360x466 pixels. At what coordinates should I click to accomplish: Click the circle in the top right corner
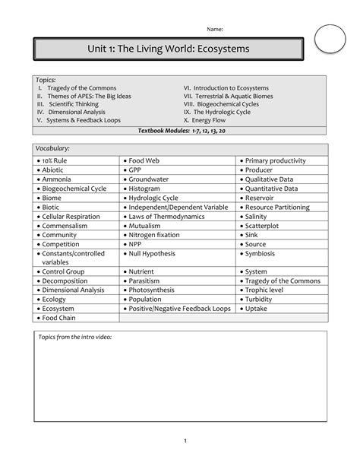click(330, 38)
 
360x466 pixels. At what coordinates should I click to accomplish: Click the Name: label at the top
click(216, 29)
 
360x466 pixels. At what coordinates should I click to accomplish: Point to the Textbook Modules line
click(181, 131)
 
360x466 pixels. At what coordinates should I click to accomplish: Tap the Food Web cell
click(144, 161)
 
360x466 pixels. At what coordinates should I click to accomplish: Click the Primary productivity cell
click(275, 161)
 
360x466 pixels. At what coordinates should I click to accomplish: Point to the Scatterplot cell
click(261, 226)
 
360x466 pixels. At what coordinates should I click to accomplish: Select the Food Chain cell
click(59, 318)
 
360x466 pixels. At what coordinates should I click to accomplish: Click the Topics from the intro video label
click(75, 337)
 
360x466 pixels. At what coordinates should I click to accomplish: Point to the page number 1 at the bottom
click(185, 442)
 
